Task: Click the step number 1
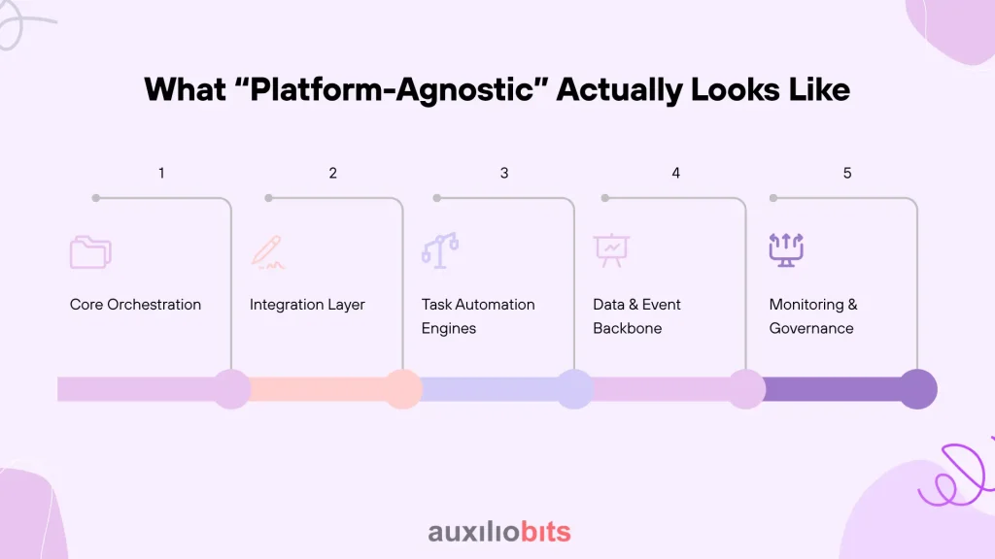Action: pyautogui.click(x=161, y=173)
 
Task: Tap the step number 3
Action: pyautogui.click(x=504, y=173)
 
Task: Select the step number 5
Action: pyautogui.click(x=847, y=173)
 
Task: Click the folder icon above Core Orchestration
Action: pyautogui.click(x=90, y=252)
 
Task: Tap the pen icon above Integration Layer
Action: pyautogui.click(x=268, y=252)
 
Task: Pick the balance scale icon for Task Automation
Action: pyautogui.click(x=440, y=250)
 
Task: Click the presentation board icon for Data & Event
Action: pyautogui.click(x=612, y=250)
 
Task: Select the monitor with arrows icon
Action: pyautogui.click(x=786, y=249)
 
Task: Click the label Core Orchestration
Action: pyautogui.click(x=135, y=304)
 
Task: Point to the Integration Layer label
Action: pyautogui.click(x=307, y=305)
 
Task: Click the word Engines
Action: pyautogui.click(x=449, y=328)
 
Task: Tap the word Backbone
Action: pyautogui.click(x=627, y=328)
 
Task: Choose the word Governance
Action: pyautogui.click(x=811, y=328)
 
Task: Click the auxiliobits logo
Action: pyautogui.click(x=499, y=532)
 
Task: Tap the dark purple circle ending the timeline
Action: pyautogui.click(x=917, y=389)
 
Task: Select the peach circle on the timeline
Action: pyautogui.click(x=402, y=389)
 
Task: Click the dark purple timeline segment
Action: pyautogui.click(x=832, y=389)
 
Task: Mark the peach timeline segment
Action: pyautogui.click(x=318, y=389)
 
